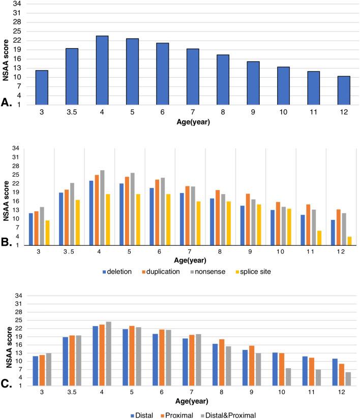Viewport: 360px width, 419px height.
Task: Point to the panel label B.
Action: pos(8,242)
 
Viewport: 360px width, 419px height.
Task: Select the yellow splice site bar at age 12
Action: pos(350,240)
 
